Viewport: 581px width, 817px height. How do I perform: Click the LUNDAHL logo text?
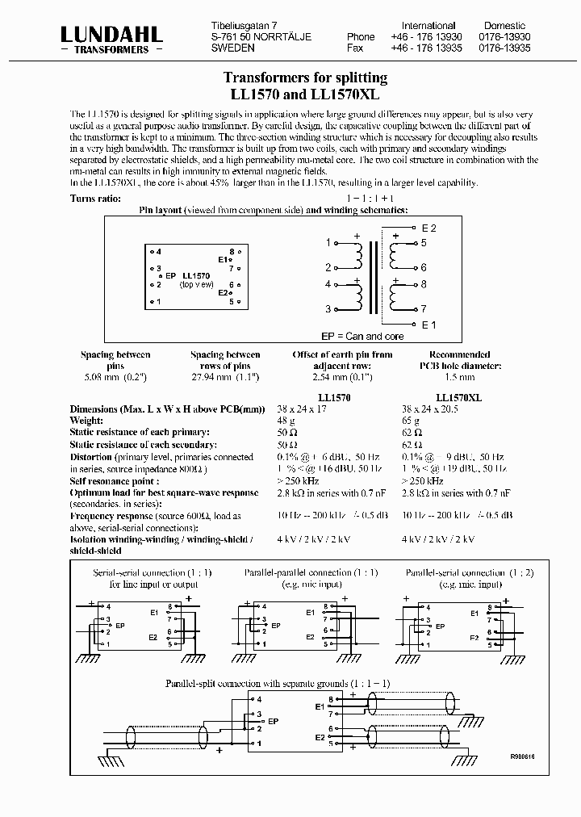(x=111, y=34)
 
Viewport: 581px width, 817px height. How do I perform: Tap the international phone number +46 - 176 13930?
(x=427, y=37)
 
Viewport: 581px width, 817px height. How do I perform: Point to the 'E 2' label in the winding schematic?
(x=428, y=228)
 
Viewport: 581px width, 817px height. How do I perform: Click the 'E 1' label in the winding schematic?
(x=428, y=325)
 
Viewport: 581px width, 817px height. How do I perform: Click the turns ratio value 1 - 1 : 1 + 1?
(x=370, y=198)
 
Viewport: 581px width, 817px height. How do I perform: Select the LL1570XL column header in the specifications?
(x=458, y=398)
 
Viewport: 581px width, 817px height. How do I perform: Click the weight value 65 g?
(x=411, y=421)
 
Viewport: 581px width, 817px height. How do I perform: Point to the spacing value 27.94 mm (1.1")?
(x=225, y=376)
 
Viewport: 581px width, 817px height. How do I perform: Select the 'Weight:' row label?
(x=88, y=421)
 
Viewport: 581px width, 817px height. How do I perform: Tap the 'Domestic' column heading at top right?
(x=504, y=26)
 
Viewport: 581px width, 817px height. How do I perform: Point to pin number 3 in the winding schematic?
(x=328, y=309)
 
